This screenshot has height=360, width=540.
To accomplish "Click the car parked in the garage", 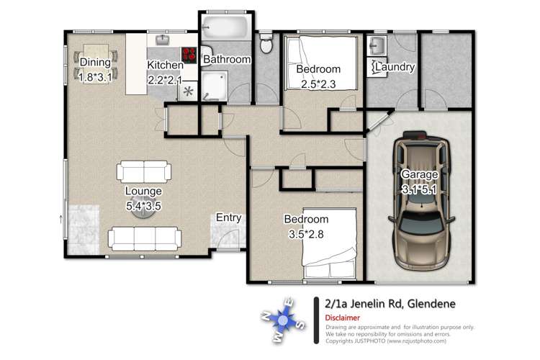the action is pos(421,201).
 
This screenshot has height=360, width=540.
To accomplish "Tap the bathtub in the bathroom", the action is pos(225,27).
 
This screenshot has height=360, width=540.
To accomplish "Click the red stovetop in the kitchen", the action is pos(189,55).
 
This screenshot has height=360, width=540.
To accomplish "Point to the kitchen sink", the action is pos(163,40).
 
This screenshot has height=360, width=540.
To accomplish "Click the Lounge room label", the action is pos(143,191).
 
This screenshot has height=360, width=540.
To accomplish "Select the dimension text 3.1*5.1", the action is pos(419,189).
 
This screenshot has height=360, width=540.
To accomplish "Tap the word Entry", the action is pos(229,217).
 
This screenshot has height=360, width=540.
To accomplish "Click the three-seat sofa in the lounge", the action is pos(145,238).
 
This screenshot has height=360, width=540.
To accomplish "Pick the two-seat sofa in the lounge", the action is pos(144,171).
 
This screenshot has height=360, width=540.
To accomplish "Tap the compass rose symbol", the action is pos(283,320).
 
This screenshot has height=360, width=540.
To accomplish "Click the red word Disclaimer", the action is pos(342,318).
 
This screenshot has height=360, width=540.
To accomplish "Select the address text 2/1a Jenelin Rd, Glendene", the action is pos(390,304).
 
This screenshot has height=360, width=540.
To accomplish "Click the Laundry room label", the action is pos(395,67).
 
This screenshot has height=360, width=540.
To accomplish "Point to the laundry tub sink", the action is pos(377,45).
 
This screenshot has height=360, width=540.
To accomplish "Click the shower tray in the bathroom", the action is pos(215,86).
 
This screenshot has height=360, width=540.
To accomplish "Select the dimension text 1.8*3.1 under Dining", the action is pos(95,77).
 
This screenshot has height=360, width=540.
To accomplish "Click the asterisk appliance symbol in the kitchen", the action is pos(188,91).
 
